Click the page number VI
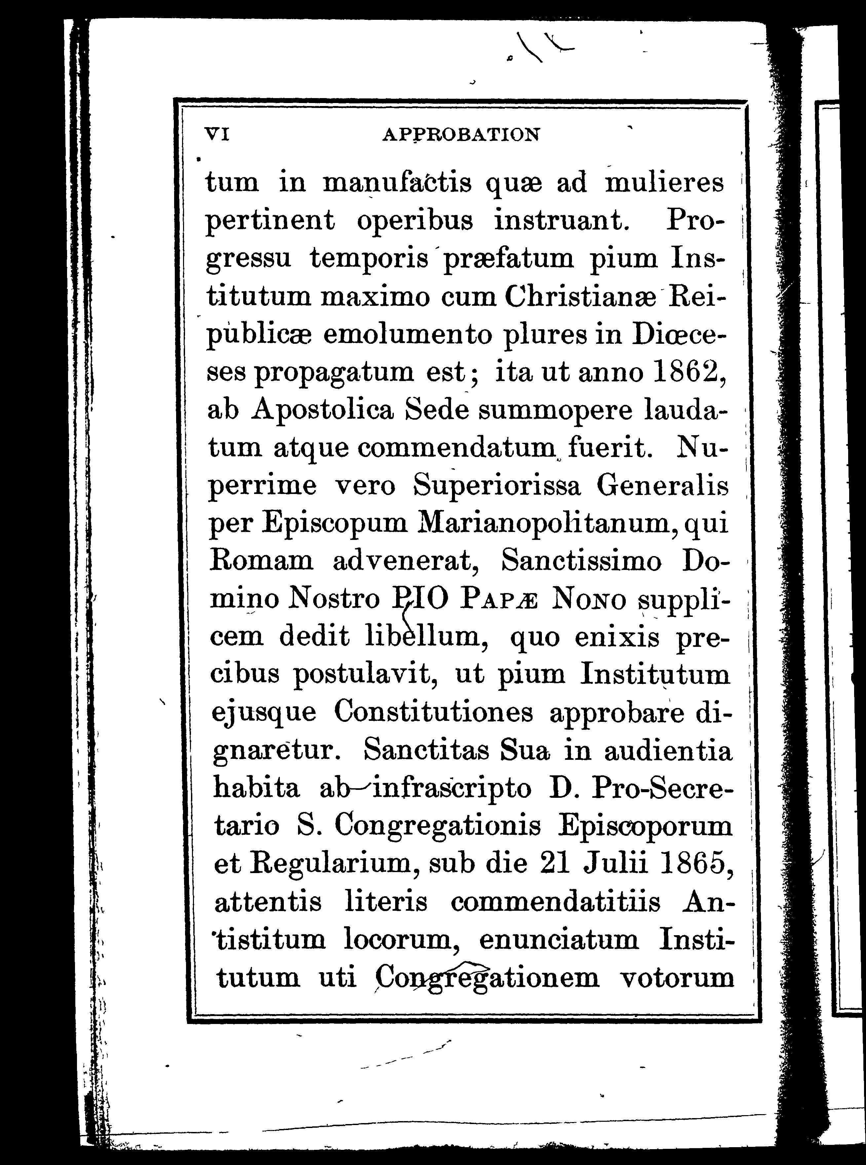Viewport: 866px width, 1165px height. click(x=216, y=135)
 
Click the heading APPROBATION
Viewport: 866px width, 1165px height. click(x=461, y=135)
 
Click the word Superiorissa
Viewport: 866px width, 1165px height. click(x=497, y=486)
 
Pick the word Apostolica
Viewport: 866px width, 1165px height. click(x=322, y=411)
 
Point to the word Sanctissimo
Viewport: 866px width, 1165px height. click(x=581, y=561)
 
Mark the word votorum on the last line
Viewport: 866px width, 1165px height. click(x=676, y=977)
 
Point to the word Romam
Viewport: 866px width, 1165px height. click(x=262, y=561)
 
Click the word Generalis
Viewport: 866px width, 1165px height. click(x=662, y=486)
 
